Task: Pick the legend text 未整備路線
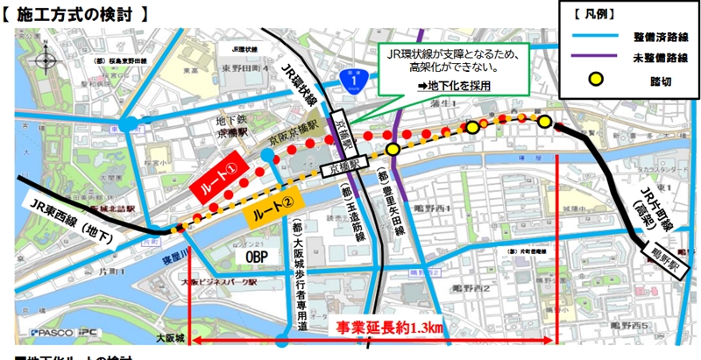(x=662, y=57)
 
